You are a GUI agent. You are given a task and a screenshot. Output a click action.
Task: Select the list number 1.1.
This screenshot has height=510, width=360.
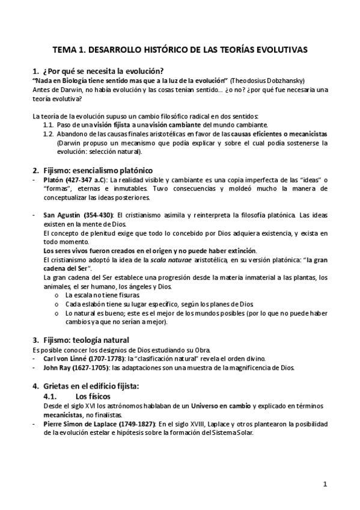[49, 124]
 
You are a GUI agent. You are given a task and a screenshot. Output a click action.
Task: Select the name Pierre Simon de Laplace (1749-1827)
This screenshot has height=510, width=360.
[100, 425]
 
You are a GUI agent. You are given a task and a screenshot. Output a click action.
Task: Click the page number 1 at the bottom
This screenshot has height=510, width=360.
[325, 483]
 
